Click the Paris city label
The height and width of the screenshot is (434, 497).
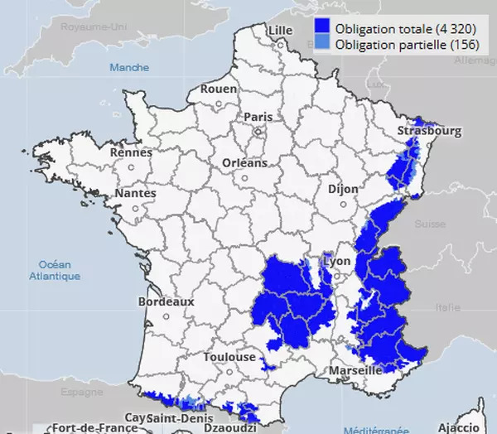click(258, 118)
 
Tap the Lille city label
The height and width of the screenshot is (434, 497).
click(280, 30)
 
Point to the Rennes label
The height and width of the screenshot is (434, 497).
click(132, 152)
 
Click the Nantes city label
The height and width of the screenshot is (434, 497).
click(135, 193)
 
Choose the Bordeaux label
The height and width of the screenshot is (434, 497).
click(166, 302)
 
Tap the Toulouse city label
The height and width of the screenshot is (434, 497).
click(229, 357)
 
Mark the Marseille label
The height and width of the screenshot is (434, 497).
click(356, 370)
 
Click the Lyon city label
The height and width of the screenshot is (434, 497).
click(338, 261)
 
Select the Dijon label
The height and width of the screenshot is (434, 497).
click(343, 189)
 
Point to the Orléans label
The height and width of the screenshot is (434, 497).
click(245, 163)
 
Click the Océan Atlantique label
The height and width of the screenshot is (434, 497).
click(55, 269)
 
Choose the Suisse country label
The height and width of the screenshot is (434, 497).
click(430, 224)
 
